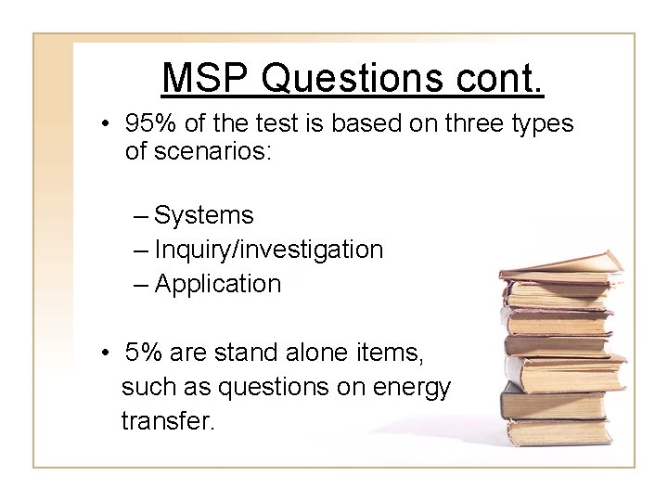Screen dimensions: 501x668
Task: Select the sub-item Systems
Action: [x=203, y=216]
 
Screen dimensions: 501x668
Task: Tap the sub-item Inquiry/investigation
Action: [x=268, y=250]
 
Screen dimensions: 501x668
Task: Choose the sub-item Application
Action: [x=217, y=284]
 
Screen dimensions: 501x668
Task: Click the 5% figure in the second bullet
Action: [x=144, y=353]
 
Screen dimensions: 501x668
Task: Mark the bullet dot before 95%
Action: [x=109, y=125]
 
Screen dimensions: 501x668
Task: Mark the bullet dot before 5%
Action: [x=109, y=353]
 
